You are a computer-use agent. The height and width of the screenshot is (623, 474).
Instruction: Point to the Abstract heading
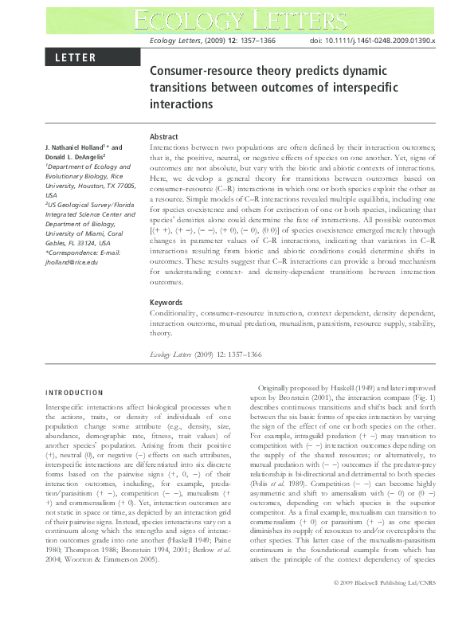(x=164, y=137)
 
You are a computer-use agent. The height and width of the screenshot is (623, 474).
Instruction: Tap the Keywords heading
(x=166, y=280)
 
